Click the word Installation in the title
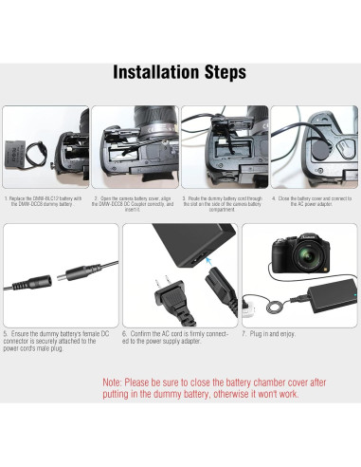[x=153, y=73]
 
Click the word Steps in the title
[x=219, y=73]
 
